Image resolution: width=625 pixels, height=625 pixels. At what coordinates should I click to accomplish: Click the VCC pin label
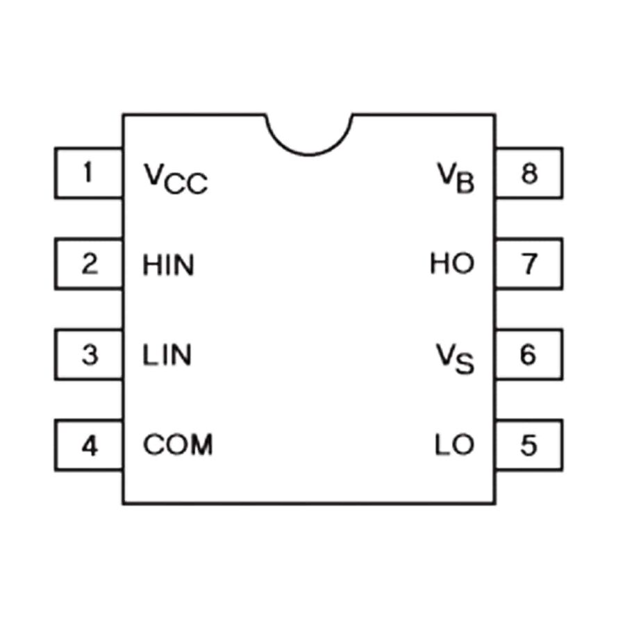coord(176,179)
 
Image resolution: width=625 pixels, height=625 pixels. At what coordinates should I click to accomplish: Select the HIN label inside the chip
coord(169,265)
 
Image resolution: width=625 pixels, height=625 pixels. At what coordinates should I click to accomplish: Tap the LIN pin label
coord(167,355)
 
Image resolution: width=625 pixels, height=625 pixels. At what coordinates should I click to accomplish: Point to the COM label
coord(178,444)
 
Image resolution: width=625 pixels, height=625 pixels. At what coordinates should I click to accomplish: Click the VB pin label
coord(456,178)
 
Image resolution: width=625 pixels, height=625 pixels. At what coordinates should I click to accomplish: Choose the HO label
coord(452,263)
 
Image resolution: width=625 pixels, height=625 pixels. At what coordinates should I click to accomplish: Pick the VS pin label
coord(455,359)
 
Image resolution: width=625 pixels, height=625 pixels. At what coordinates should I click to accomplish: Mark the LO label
coord(455,444)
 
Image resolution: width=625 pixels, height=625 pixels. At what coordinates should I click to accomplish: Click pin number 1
coord(88,173)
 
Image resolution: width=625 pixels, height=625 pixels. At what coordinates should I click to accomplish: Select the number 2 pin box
coord(88,263)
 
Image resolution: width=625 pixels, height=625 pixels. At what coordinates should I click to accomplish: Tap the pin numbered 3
coord(88,354)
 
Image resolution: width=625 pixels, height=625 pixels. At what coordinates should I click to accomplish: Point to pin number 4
coord(88,445)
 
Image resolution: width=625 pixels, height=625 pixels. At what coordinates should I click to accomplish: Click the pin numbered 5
coord(529,445)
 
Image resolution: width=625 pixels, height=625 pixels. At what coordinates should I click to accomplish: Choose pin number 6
coord(529,354)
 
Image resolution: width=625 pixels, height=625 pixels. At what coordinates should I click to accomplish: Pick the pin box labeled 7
coord(529,263)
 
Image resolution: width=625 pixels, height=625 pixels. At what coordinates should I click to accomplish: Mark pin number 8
coord(529,173)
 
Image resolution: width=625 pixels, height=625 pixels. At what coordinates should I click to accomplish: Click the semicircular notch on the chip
coord(309,154)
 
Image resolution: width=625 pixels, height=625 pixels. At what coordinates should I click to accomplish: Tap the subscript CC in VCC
coord(186,184)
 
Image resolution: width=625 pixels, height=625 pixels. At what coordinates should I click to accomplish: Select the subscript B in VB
coord(465,183)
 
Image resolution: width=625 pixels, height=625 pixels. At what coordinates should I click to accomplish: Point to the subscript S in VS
coord(465,364)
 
